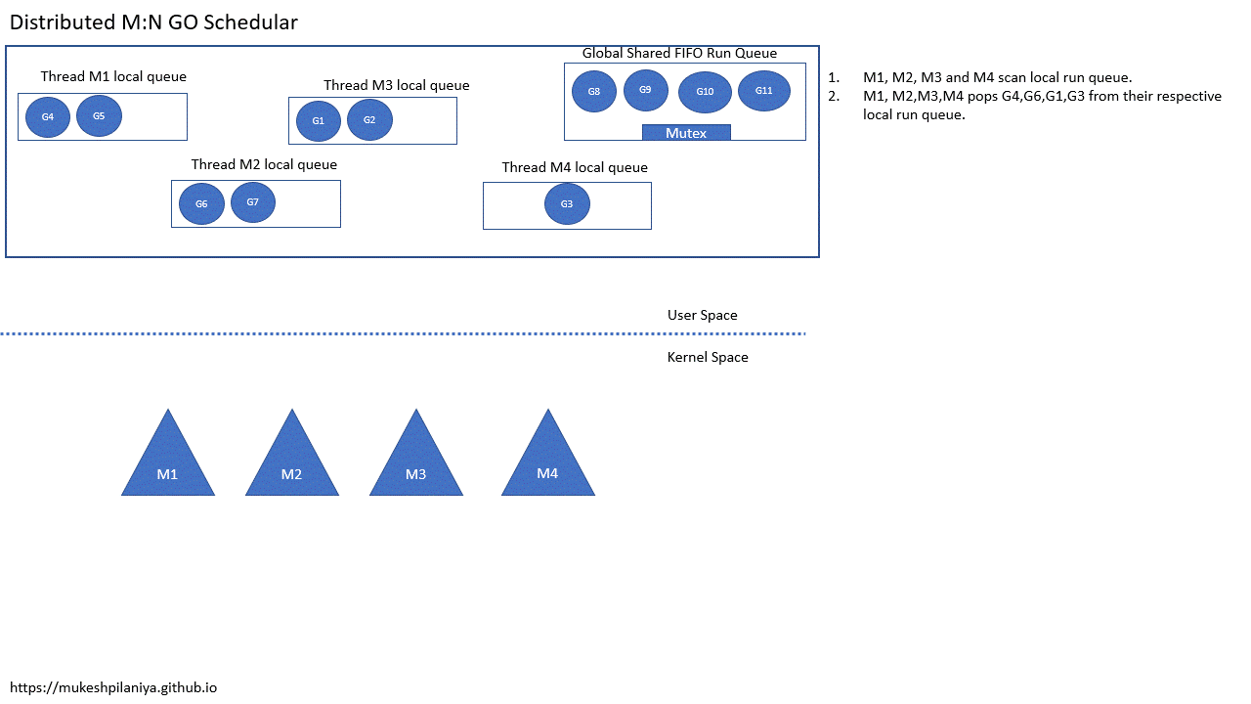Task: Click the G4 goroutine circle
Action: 48,116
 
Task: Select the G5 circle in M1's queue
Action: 99,115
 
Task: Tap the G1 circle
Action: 319,120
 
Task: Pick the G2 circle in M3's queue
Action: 369,119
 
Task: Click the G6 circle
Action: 201,203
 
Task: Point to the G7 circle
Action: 253,201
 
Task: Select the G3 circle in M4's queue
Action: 567,203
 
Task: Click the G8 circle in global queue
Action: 594,91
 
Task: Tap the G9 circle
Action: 645,90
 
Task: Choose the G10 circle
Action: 705,92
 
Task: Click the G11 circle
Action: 764,90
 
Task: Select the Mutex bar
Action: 686,133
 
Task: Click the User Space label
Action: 702,315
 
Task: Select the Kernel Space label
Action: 708,357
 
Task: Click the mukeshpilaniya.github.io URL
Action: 113,687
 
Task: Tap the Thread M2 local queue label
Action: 264,164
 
